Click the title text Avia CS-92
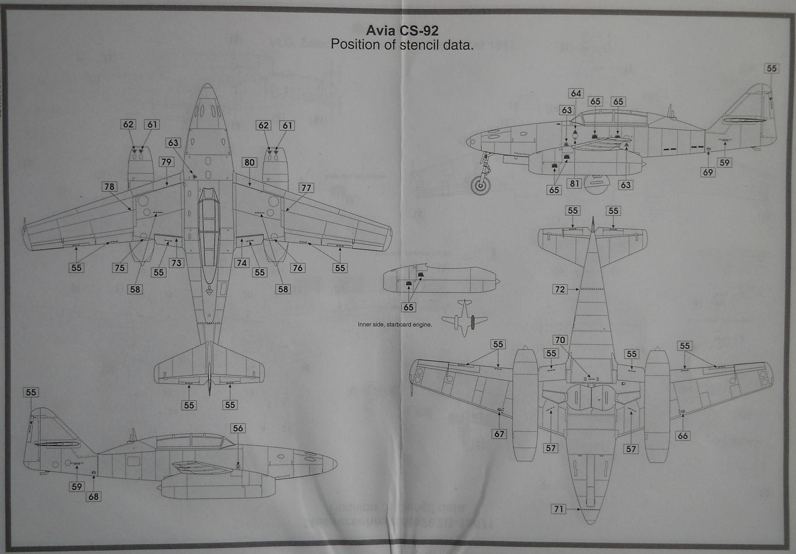point(402,31)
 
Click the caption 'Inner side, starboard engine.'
point(394,325)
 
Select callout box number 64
point(576,93)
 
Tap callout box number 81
point(574,183)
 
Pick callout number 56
point(238,428)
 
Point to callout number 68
point(93,497)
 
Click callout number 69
point(708,172)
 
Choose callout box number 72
point(559,289)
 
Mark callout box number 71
point(559,509)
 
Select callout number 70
point(560,340)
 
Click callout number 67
point(499,434)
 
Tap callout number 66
point(682,436)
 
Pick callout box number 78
point(109,187)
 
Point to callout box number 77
point(306,188)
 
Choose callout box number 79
point(166,162)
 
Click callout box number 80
point(249,162)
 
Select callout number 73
point(176,263)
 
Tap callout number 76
point(298,267)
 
